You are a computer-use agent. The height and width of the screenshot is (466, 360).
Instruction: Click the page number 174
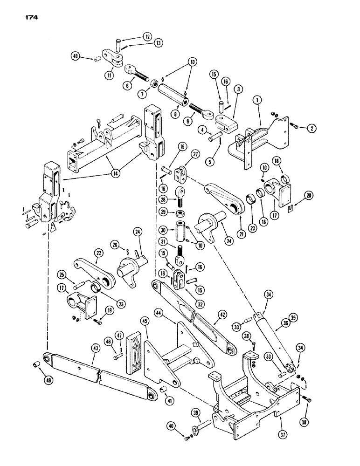pos(28,17)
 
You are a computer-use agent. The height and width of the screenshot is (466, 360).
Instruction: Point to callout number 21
pos(241,219)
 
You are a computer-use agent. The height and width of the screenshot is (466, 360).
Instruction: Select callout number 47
pos(120,336)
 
